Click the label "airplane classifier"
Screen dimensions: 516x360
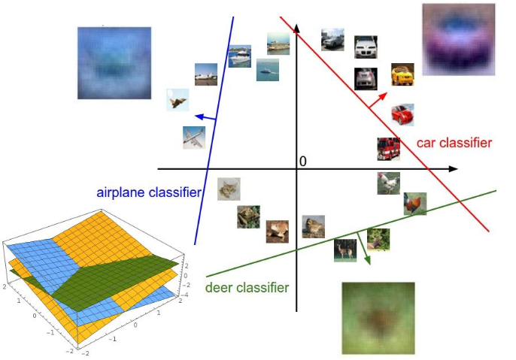click(149, 192)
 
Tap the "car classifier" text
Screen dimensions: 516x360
click(454, 143)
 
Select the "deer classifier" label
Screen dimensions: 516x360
click(247, 287)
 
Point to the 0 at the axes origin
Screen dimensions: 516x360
click(303, 162)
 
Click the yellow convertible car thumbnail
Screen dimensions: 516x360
click(402, 74)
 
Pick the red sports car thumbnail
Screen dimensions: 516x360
click(402, 114)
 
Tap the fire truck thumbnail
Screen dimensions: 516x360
click(388, 149)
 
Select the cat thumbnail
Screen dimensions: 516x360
click(229, 189)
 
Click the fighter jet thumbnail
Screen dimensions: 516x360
click(178, 100)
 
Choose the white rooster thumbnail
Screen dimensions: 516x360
click(388, 183)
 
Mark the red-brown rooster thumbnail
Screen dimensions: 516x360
click(414, 204)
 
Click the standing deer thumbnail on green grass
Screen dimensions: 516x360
click(345, 250)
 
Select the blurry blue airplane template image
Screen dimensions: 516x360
click(114, 63)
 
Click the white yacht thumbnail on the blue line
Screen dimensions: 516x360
click(239, 56)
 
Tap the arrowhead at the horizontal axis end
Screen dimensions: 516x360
click(453, 169)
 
